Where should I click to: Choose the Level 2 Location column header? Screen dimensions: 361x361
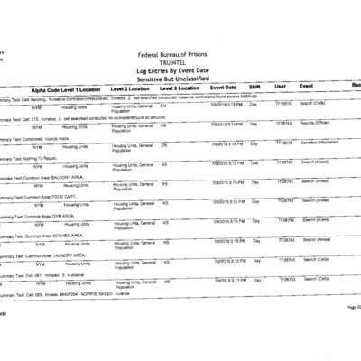[x=134, y=91]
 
